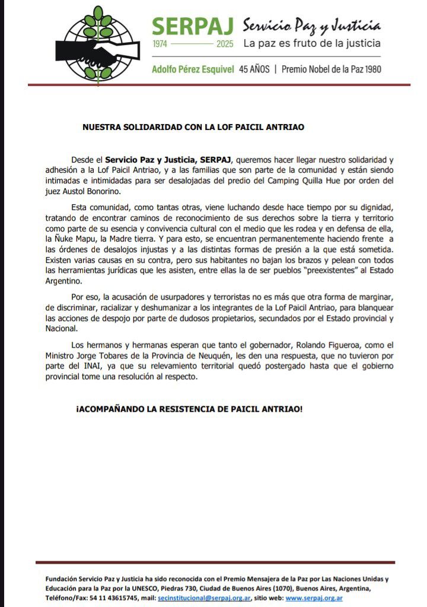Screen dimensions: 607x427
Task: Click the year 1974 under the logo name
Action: tap(161, 44)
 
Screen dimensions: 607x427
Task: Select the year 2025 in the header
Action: tap(225, 44)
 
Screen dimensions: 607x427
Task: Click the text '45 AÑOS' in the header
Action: tap(254, 69)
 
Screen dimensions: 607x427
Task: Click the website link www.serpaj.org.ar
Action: tap(314, 598)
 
